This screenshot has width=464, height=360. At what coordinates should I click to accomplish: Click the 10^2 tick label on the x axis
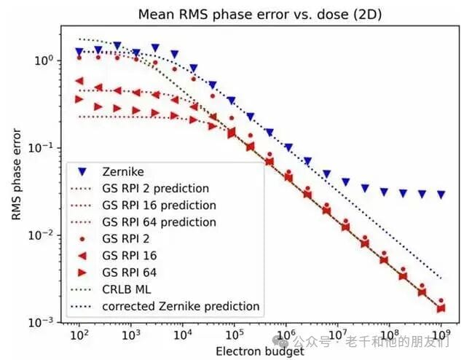(79, 335)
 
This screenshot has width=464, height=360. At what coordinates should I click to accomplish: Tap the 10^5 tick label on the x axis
(233, 335)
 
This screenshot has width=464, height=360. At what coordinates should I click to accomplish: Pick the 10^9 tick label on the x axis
(440, 335)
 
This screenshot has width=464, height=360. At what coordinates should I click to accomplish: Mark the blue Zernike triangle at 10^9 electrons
(441, 195)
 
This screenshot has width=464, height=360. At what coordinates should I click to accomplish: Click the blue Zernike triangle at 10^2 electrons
(79, 52)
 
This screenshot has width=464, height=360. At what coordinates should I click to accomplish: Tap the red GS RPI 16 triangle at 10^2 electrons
(79, 82)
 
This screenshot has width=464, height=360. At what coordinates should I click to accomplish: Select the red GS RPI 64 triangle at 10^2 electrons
(79, 99)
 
